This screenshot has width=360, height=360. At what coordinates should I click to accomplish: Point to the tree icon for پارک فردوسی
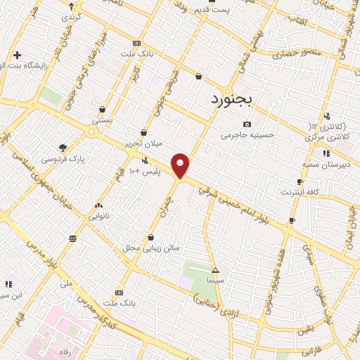tap(63, 148)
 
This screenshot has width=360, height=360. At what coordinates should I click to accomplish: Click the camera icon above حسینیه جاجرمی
tap(247, 124)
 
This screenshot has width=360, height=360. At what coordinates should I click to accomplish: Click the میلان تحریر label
tap(143, 143)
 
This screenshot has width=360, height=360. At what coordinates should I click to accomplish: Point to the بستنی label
tap(103, 120)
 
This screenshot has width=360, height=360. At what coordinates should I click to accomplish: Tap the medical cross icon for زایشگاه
tap(17, 54)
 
